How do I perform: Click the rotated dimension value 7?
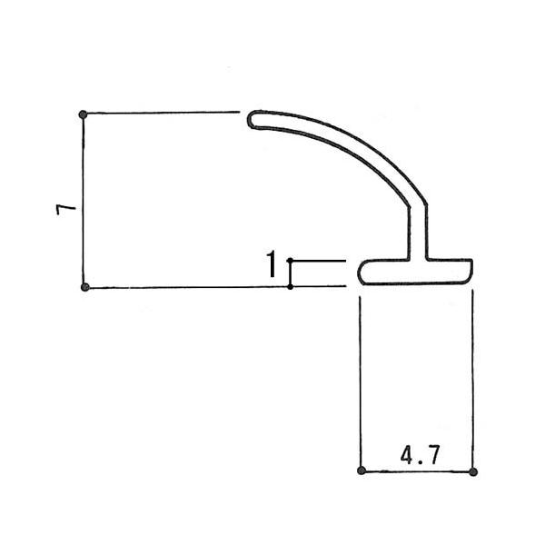pos(66,210)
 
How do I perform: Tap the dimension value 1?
pos(272,263)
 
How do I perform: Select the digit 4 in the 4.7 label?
pos(407,455)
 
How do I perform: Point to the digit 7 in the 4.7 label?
pos(433,455)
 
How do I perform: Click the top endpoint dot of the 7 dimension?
pos(83,114)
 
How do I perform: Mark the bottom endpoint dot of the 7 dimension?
pos(84,287)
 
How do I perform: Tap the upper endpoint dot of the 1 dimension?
pos(291,261)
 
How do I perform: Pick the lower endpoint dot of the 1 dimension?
pos(291,287)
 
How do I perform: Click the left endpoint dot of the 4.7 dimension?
pos(362,471)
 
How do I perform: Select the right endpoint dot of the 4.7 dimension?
pos(473,472)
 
